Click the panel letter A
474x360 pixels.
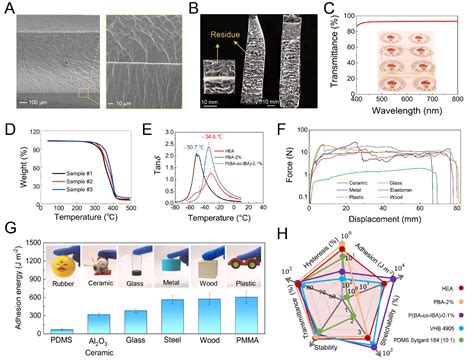(8, 8)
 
